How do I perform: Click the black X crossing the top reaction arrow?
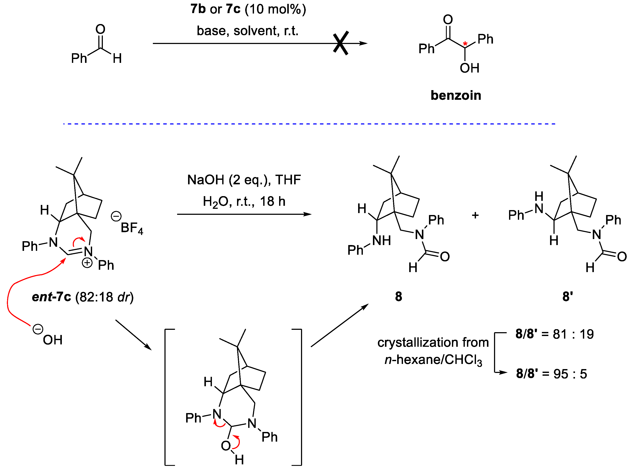point(341,43)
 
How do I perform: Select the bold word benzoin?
point(456,95)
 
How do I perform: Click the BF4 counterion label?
point(132,228)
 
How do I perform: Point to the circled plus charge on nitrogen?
point(87,263)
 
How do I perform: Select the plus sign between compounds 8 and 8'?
point(475,215)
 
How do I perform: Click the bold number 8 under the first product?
point(398,297)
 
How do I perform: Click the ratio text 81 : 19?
point(573,334)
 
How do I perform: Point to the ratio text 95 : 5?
point(570,374)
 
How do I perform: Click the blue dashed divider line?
point(309,124)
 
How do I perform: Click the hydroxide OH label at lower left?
point(52,340)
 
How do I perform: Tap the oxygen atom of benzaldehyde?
point(100,29)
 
